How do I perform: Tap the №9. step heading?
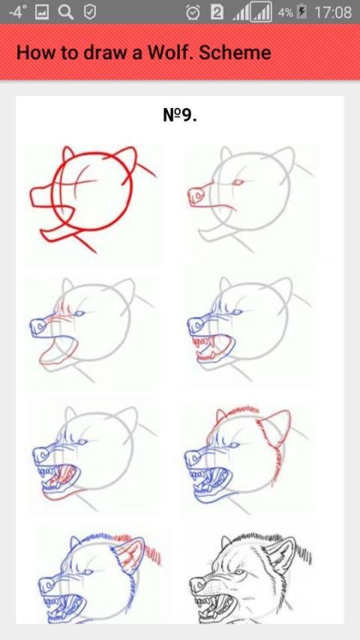click(x=180, y=116)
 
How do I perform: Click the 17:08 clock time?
click(x=333, y=12)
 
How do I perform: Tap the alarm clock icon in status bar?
click(x=193, y=12)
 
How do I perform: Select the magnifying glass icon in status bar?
click(x=65, y=12)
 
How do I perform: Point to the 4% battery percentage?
click(x=285, y=12)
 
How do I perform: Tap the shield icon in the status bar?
click(x=90, y=12)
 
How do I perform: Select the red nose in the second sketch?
click(x=196, y=196)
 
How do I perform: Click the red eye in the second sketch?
click(x=238, y=182)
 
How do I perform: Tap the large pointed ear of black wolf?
click(x=284, y=554)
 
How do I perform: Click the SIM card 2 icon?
click(x=217, y=13)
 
